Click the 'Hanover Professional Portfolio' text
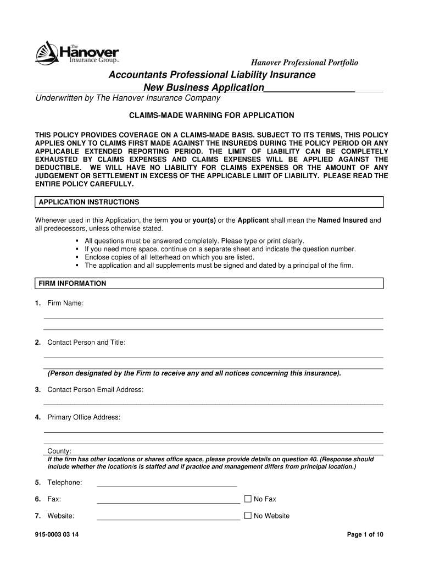(305, 63)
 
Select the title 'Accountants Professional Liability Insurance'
(211, 75)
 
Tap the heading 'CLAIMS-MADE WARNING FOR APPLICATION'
(211, 115)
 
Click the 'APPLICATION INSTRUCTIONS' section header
(88, 202)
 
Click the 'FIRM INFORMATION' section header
(72, 284)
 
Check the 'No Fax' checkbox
(248, 499)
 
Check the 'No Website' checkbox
(248, 516)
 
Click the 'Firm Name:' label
(65, 303)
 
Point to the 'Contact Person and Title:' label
(86, 343)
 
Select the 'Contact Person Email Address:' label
(96, 390)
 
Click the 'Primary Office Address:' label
(84, 417)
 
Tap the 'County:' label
(59, 451)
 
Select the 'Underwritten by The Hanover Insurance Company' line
(128, 98)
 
